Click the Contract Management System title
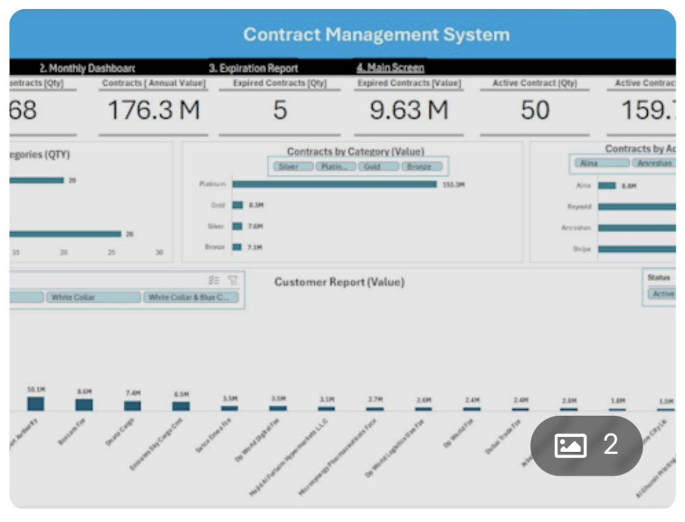click(x=376, y=35)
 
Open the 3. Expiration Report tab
click(x=253, y=68)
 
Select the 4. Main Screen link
click(x=390, y=68)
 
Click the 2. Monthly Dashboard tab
click(x=87, y=68)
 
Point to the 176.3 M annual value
click(x=153, y=110)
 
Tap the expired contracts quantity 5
click(x=280, y=110)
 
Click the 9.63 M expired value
click(x=409, y=110)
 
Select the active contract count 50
click(x=534, y=110)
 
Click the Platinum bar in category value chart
click(x=334, y=184)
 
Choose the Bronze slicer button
click(x=421, y=167)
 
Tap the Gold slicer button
click(x=378, y=167)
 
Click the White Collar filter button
click(x=93, y=297)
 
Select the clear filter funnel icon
click(x=233, y=280)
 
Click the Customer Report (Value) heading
click(x=339, y=282)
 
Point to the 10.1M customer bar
click(x=36, y=403)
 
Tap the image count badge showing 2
click(x=586, y=445)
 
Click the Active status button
click(x=662, y=293)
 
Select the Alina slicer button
click(x=600, y=163)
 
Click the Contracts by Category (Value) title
click(x=355, y=151)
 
